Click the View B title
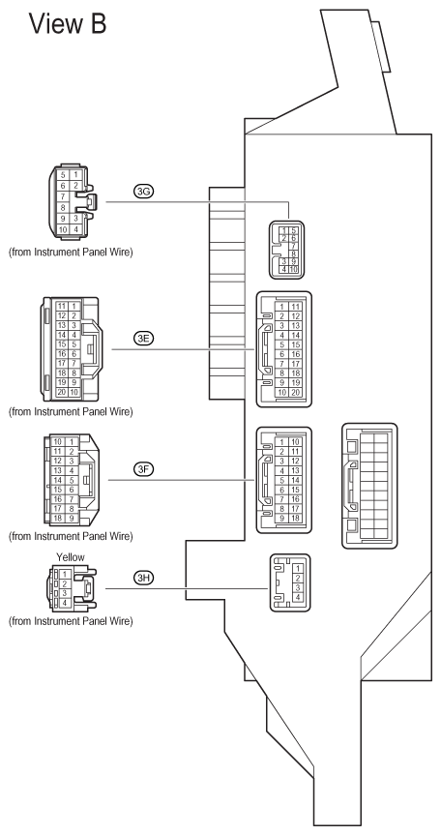pyautogui.click(x=68, y=24)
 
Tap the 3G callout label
pyautogui.click(x=143, y=193)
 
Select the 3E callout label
pyautogui.click(x=143, y=339)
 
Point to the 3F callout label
pyautogui.click(x=143, y=469)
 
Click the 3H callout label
pyautogui.click(x=143, y=578)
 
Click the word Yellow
pyautogui.click(x=71, y=557)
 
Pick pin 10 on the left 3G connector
pyautogui.click(x=63, y=229)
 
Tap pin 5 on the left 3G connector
pyautogui.click(x=63, y=175)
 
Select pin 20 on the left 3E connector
pyautogui.click(x=62, y=392)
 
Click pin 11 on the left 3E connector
pyautogui.click(x=62, y=306)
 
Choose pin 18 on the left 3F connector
pyautogui.click(x=58, y=518)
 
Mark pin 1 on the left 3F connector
pyautogui.click(x=71, y=442)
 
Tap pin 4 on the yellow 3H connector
pyautogui.click(x=65, y=603)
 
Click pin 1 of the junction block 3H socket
pyautogui.click(x=298, y=569)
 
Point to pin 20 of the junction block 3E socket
pyautogui.click(x=296, y=393)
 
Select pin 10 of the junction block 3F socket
pyautogui.click(x=296, y=442)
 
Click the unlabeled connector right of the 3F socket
pyautogui.click(x=369, y=486)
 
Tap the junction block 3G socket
pyautogui.click(x=287, y=250)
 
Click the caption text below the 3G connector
pyautogui.click(x=71, y=252)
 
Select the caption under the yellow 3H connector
pyautogui.click(x=71, y=621)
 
